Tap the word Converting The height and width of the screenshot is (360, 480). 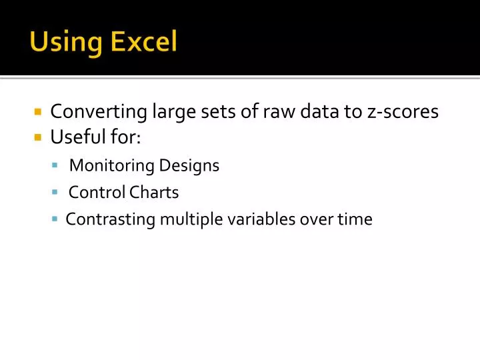click(98, 112)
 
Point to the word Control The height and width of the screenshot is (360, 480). click(97, 193)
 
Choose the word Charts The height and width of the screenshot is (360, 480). click(154, 193)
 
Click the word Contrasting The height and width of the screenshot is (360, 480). click(111, 219)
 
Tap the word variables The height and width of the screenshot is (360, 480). click(263, 219)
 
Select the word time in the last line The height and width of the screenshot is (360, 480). click(355, 219)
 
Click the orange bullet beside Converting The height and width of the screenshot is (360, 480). click(38, 112)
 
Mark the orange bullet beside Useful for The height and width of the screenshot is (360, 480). click(38, 138)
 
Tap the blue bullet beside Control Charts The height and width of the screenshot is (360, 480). click(55, 192)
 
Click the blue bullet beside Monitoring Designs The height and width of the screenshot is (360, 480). click(55, 165)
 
